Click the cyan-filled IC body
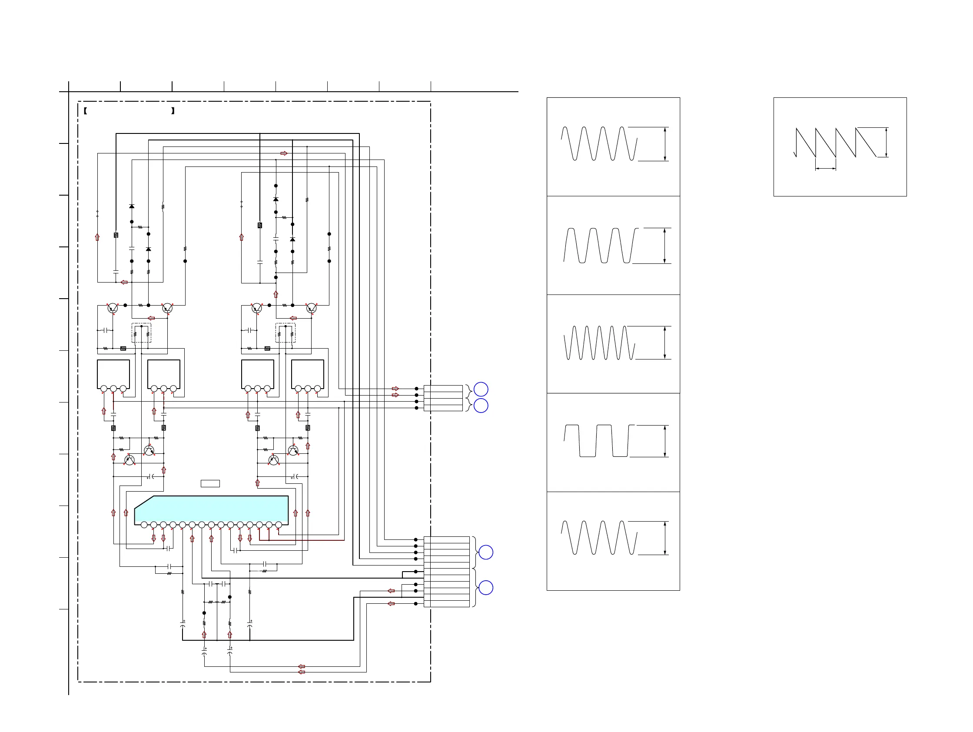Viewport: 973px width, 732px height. pyautogui.click(x=211, y=509)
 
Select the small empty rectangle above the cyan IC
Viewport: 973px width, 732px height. pyautogui.click(x=210, y=483)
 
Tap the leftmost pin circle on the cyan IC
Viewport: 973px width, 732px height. pyautogui.click(x=144, y=525)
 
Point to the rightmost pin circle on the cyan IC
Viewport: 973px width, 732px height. pyautogui.click(x=279, y=525)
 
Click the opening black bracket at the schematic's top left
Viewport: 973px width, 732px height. pyautogui.click(x=85, y=111)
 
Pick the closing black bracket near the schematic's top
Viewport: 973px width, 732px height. pyautogui.click(x=173, y=111)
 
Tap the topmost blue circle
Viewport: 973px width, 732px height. pyautogui.click(x=481, y=389)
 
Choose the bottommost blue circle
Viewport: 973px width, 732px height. pyautogui.click(x=485, y=588)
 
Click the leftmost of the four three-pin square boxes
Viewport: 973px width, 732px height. pyautogui.click(x=113, y=374)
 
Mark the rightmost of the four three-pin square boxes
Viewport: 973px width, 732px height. pyautogui.click(x=308, y=374)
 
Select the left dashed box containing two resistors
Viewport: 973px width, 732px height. pyautogui.click(x=141, y=333)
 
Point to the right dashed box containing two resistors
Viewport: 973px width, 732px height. pyautogui.click(x=286, y=333)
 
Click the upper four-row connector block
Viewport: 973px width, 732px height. pyautogui.click(x=443, y=398)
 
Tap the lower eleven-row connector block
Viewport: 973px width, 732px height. pyautogui.click(x=446, y=572)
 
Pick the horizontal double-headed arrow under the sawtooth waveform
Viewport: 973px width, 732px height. pyautogui.click(x=826, y=168)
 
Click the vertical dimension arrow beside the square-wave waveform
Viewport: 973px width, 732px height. pyautogui.click(x=664, y=441)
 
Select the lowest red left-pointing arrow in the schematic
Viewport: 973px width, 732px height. pyautogui.click(x=302, y=672)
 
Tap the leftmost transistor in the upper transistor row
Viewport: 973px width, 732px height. pyautogui.click(x=113, y=308)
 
